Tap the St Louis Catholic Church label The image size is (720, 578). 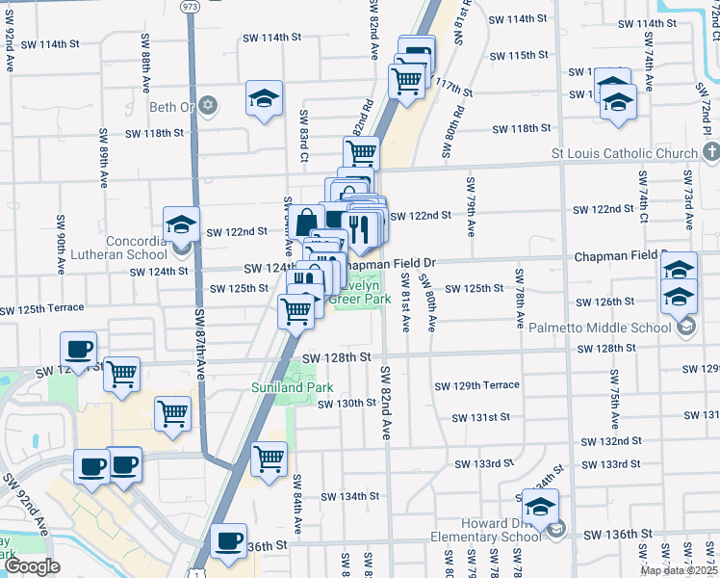(624, 154)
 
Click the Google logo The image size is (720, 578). (33, 566)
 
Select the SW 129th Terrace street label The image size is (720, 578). (476, 385)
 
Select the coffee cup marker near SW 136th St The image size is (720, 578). (229, 542)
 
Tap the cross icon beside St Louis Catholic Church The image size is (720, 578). (711, 153)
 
